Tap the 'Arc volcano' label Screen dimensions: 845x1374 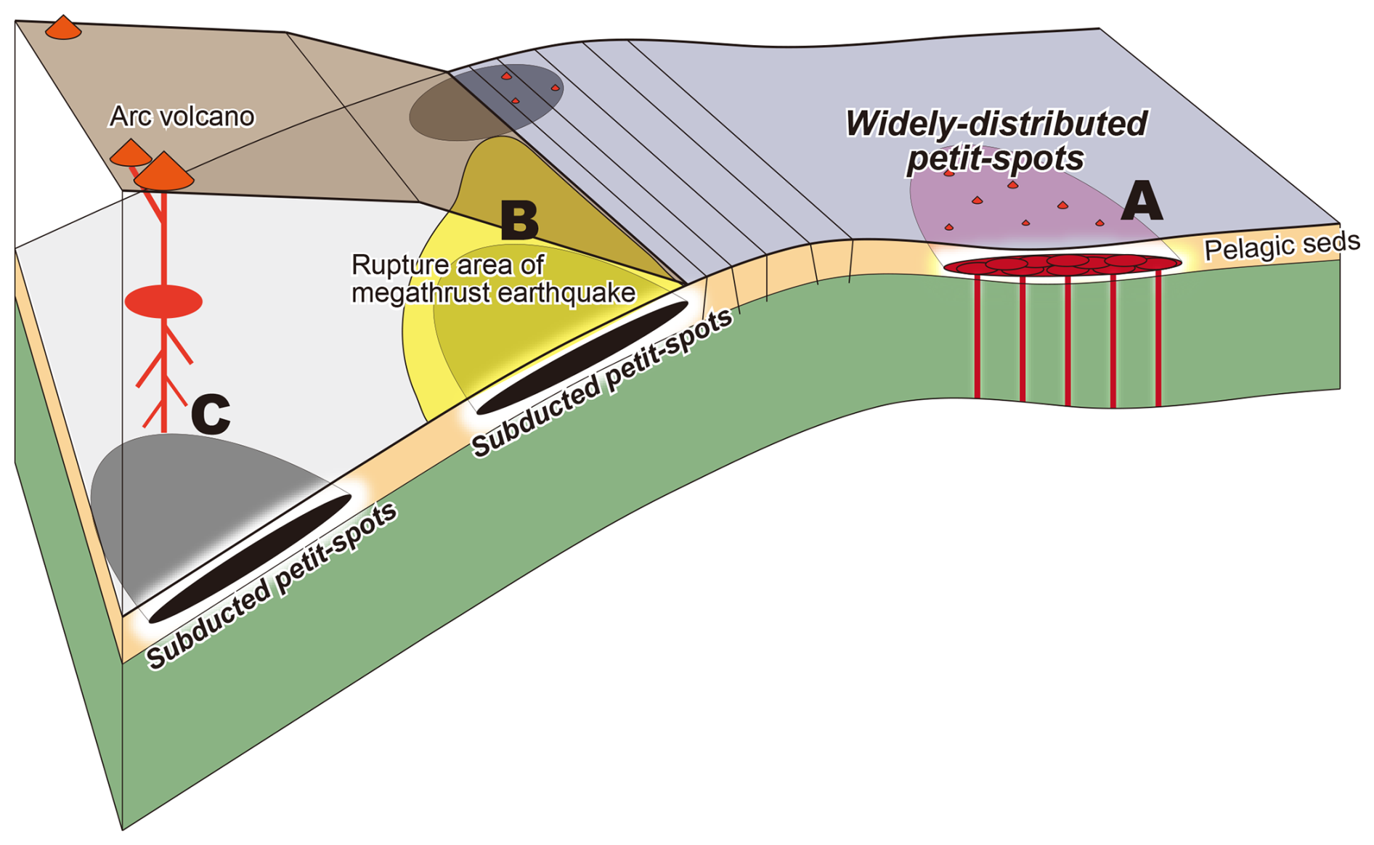pyautogui.click(x=182, y=116)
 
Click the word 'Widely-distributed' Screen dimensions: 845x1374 pyautogui.click(x=996, y=123)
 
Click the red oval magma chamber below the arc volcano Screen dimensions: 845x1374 pyautogui.click(x=163, y=301)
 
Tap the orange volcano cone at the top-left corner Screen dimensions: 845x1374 pyautogui.click(x=63, y=28)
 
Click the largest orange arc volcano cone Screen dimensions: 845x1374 pyautogui.click(x=164, y=172)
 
